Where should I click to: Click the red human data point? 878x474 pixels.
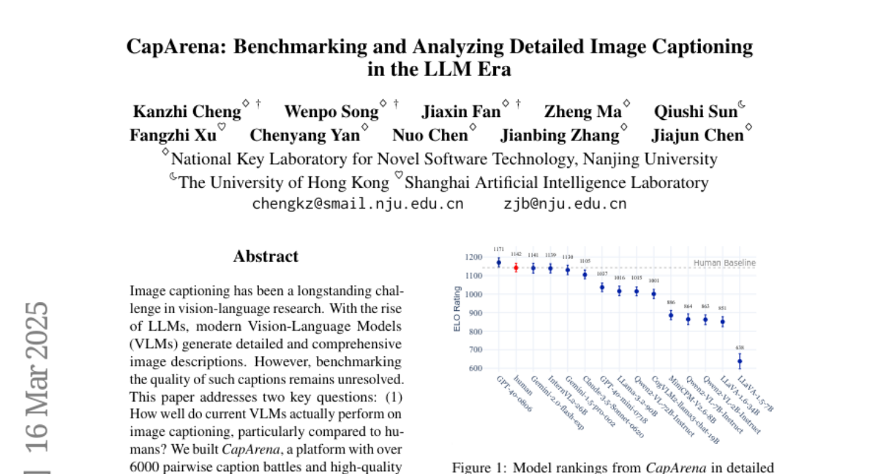[516, 268]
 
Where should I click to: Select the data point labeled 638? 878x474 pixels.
[740, 361]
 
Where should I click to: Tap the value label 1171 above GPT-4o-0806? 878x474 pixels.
[498, 250]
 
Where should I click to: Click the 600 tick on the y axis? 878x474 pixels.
[476, 369]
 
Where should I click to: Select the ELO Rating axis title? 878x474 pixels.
[457, 310]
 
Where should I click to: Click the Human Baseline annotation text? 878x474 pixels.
[724, 263]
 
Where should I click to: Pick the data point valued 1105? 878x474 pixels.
[585, 274]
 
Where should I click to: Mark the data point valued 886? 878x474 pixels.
[671, 315]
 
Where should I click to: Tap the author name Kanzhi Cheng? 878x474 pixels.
[187, 112]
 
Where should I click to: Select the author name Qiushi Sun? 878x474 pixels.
[695, 112]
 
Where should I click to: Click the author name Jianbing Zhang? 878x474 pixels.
[560, 135]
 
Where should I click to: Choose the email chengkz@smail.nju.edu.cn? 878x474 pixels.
[358, 204]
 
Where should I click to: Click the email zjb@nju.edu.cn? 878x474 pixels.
[565, 204]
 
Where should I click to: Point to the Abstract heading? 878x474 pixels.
[266, 257]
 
